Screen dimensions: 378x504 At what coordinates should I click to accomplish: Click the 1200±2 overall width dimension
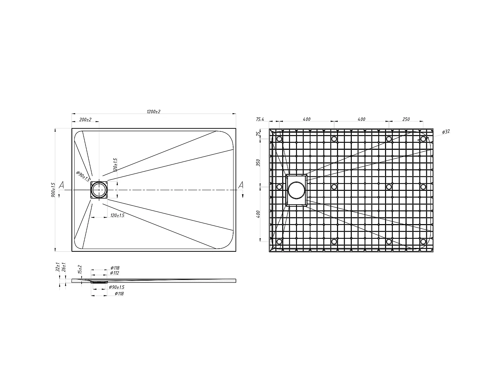(154, 111)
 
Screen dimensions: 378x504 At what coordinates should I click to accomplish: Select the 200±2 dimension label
(85, 120)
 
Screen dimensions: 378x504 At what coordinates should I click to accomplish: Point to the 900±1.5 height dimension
(53, 190)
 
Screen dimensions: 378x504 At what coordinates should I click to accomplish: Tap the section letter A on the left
(61, 185)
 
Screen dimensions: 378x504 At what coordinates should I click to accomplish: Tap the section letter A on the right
(241, 185)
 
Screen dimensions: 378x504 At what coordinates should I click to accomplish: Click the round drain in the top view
(99, 190)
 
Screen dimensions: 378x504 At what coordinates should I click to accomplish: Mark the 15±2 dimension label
(80, 269)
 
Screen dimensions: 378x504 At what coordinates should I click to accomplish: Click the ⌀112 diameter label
(115, 273)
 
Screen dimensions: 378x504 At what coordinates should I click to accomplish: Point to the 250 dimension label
(406, 119)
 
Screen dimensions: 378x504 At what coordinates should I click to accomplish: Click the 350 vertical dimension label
(258, 163)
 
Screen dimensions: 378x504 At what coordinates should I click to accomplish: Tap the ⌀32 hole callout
(446, 132)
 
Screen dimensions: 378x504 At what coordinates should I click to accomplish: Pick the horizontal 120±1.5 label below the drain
(117, 215)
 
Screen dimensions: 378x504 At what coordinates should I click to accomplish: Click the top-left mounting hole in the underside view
(279, 139)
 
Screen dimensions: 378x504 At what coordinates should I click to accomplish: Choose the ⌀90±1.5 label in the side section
(117, 287)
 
